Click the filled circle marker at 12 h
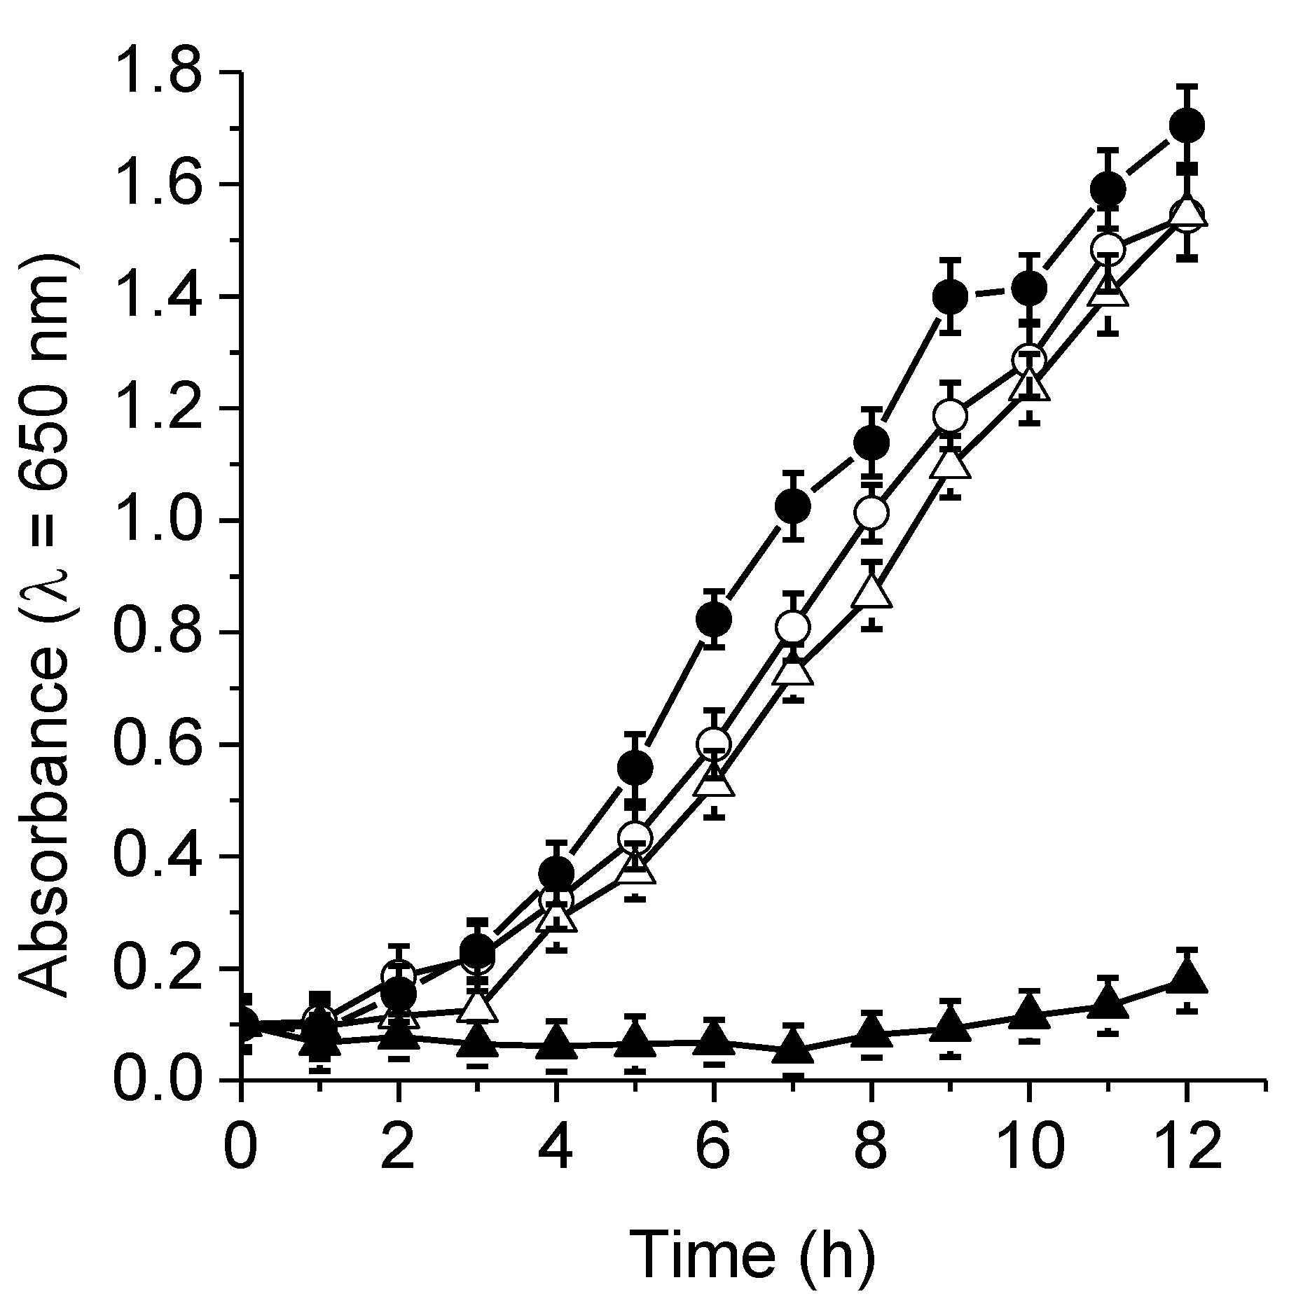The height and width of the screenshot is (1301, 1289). coord(1187,125)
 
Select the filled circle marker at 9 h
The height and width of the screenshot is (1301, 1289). coord(950,296)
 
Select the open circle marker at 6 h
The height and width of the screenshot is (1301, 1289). coord(714,743)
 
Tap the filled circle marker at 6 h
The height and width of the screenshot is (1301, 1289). coord(714,618)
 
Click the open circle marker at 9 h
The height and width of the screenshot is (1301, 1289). coord(950,416)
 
